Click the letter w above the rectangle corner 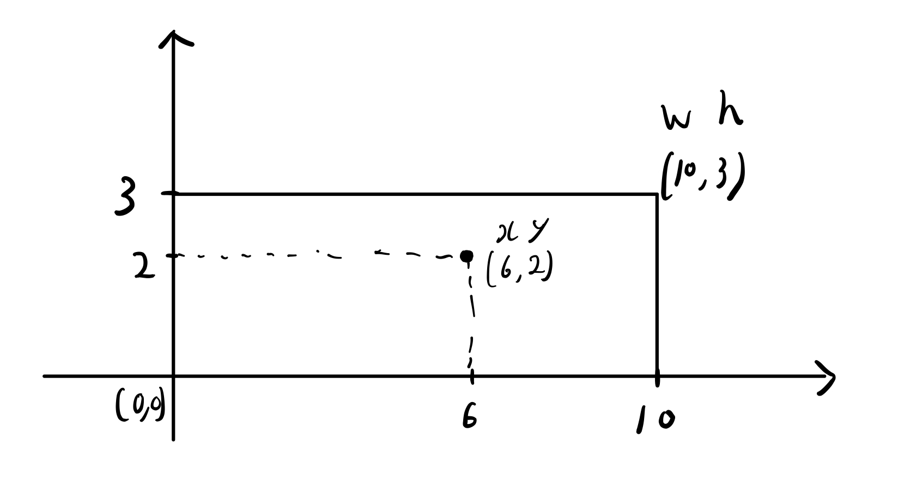pos(676,118)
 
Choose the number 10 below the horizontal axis pos(654,420)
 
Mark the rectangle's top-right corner pos(657,194)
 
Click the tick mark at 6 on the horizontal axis pos(471,375)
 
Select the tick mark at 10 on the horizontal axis pos(657,376)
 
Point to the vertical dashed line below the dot pos(471,316)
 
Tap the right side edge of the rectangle pos(657,284)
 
